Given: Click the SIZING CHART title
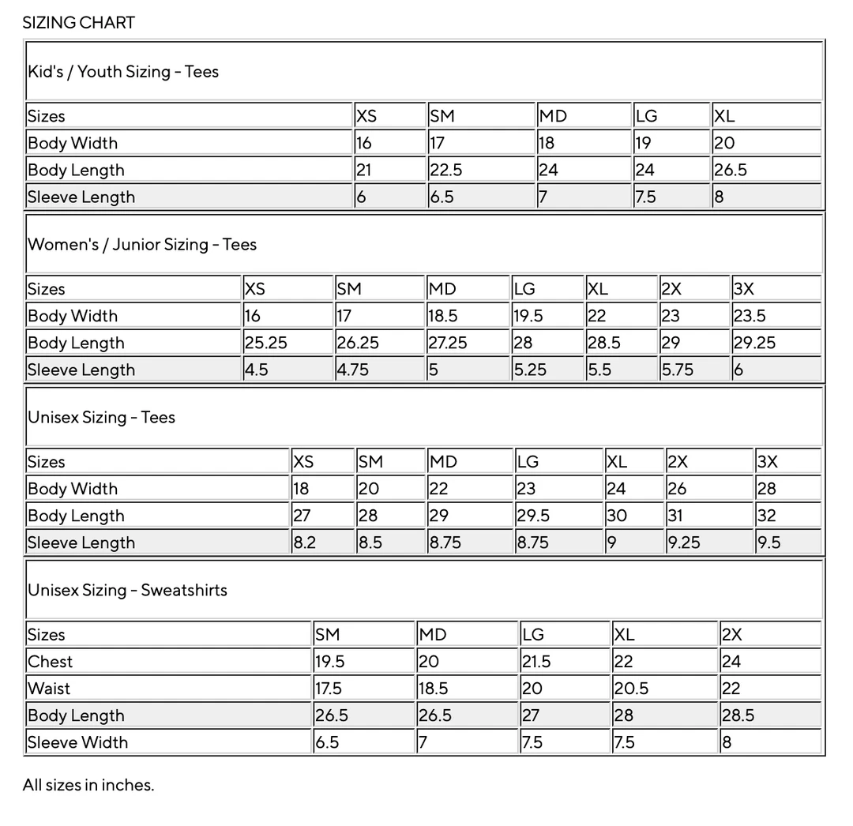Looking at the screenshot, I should [x=78, y=22].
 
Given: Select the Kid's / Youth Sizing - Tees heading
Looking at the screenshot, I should [x=123, y=71].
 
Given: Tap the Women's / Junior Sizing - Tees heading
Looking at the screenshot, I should [x=142, y=244].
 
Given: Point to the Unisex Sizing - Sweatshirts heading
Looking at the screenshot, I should [x=127, y=590].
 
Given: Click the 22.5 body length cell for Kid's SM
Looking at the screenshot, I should [x=446, y=170].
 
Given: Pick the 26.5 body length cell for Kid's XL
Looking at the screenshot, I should [x=731, y=170].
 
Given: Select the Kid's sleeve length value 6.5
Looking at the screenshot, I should [x=442, y=197].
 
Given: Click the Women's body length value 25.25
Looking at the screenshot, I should [x=266, y=343].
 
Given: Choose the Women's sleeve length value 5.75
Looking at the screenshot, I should [x=678, y=370].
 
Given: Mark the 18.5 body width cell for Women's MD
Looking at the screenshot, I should [x=443, y=316].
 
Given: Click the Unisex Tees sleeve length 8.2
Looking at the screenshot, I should [x=305, y=543].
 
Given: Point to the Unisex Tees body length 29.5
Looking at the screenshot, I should [x=532, y=516].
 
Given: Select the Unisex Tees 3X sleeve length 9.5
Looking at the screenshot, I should [x=768, y=543].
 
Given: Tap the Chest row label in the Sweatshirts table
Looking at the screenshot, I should [x=50, y=662].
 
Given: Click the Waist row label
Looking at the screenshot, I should [x=49, y=689].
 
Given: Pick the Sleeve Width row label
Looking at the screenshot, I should [x=77, y=742].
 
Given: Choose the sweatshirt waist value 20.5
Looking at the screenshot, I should [x=631, y=689].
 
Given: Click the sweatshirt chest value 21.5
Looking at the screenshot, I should [x=536, y=662].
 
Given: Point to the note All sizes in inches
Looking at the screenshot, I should [x=88, y=785].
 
